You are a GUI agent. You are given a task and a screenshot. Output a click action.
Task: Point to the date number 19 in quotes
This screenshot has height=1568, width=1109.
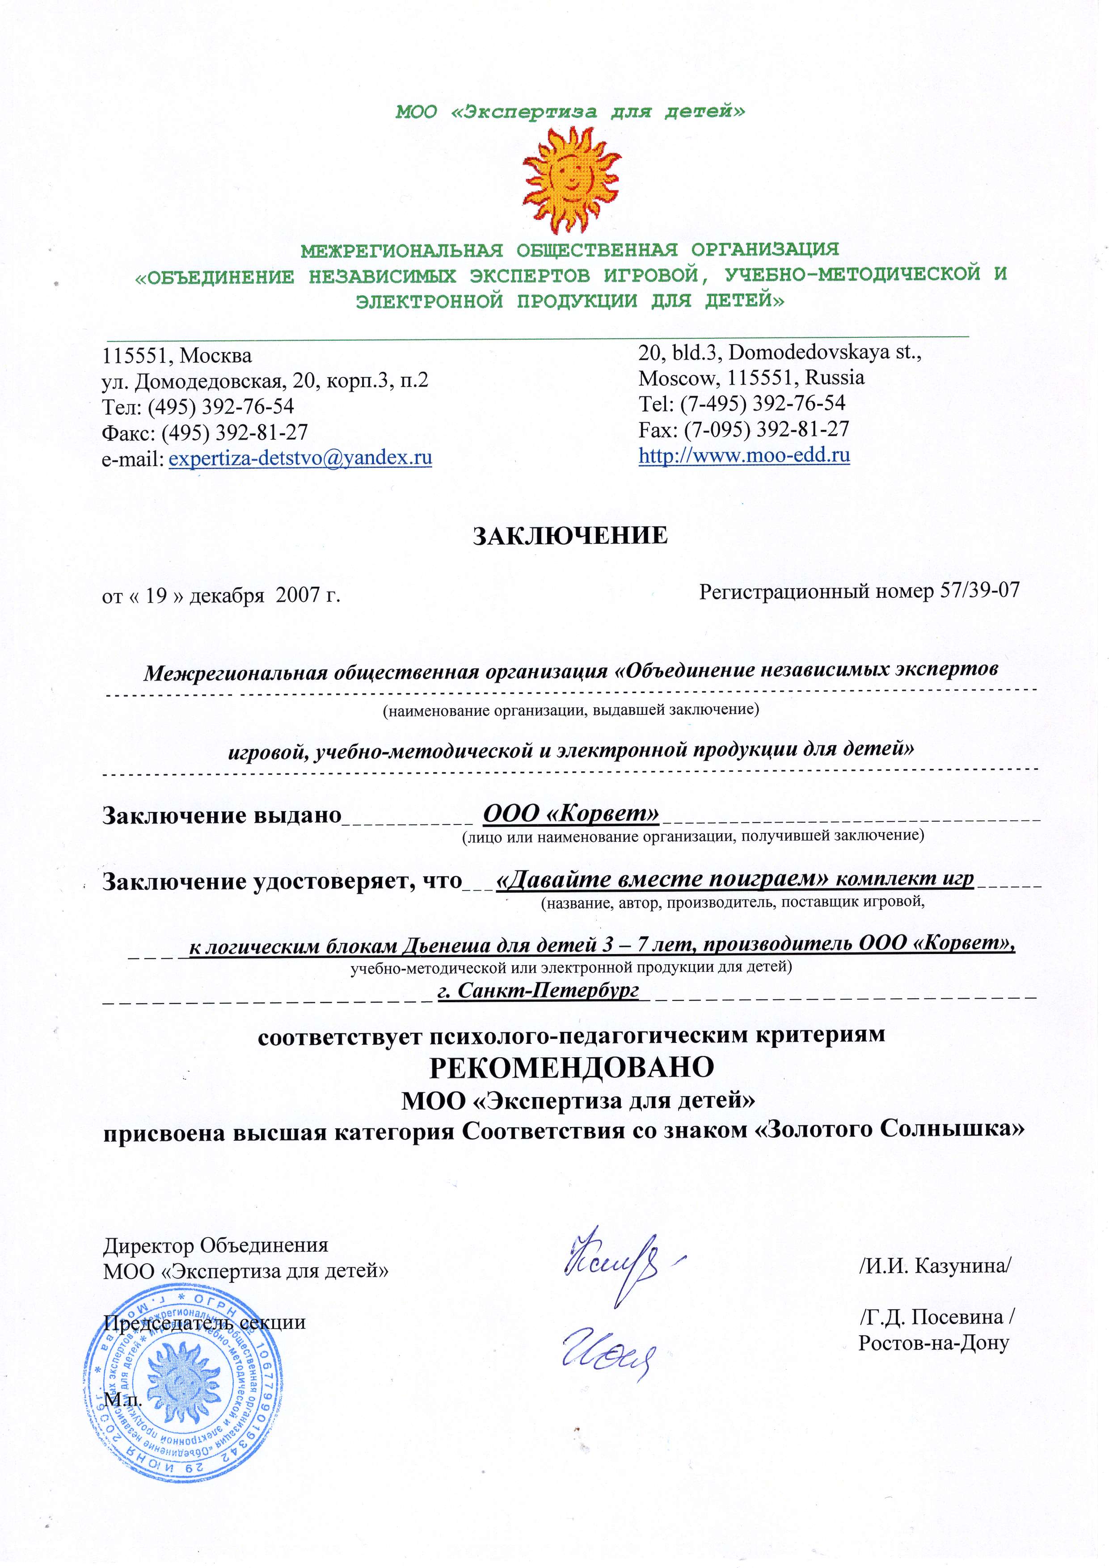coord(156,596)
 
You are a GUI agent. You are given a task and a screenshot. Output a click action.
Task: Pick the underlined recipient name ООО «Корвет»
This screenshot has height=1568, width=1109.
coord(571,813)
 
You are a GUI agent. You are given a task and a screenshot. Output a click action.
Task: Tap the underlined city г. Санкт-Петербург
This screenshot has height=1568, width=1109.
coord(538,990)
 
